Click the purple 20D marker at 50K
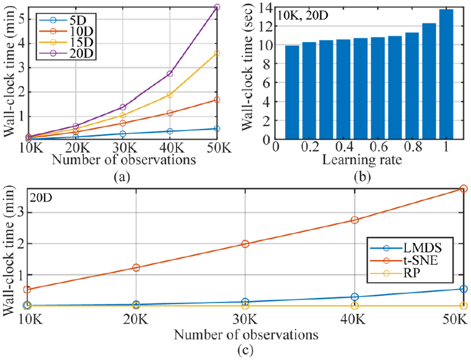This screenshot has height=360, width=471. (x=217, y=7)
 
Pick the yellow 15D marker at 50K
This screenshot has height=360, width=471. (x=217, y=53)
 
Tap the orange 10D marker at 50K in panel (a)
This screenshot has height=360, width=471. (x=217, y=100)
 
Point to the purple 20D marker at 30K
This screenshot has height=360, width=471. (x=123, y=107)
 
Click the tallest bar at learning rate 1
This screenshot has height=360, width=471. (x=446, y=74)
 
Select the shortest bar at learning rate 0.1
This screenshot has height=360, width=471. (x=292, y=93)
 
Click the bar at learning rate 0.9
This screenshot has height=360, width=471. (x=429, y=81)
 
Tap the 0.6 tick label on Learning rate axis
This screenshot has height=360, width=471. (x=378, y=147)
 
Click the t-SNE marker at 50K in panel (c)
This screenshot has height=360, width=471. (x=464, y=188)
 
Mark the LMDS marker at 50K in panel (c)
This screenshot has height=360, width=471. (x=464, y=288)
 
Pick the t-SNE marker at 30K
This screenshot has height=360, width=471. (x=245, y=244)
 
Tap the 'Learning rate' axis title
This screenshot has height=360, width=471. (x=362, y=159)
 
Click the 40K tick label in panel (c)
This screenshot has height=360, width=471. (x=355, y=319)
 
